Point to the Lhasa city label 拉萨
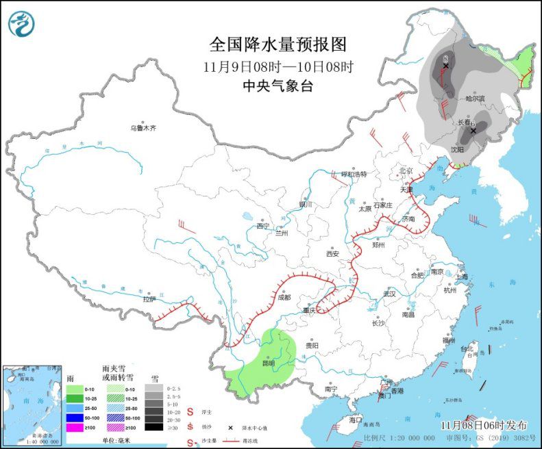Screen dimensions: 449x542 [149, 298]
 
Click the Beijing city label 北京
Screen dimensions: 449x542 [406, 170]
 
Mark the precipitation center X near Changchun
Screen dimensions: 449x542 [472, 129]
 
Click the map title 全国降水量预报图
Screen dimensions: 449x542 [278, 45]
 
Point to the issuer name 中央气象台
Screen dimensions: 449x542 [278, 86]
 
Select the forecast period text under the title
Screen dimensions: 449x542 [278, 67]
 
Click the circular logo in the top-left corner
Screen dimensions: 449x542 [21, 24]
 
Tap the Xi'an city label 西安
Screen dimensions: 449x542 [332, 253]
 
